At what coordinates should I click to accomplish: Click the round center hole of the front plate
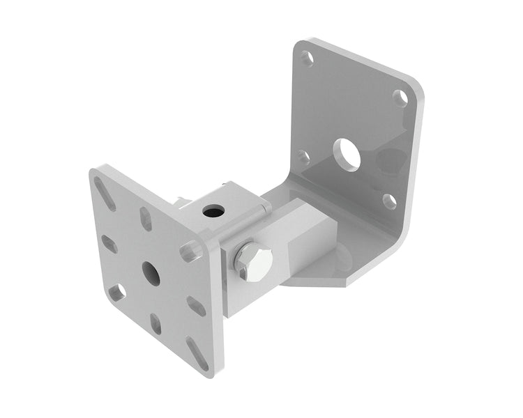[x=151, y=274]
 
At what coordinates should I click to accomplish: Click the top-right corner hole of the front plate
[x=189, y=250]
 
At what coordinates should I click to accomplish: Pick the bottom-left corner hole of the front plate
[x=118, y=291]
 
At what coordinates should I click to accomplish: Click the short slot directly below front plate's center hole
[x=156, y=323]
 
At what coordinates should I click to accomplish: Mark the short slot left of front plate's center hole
[x=109, y=244]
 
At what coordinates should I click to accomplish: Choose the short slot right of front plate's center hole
[x=196, y=305]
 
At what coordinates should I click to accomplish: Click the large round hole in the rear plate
[x=347, y=155]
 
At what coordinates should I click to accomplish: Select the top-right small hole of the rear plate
[x=400, y=98]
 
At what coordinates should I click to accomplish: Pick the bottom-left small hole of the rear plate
[x=303, y=157]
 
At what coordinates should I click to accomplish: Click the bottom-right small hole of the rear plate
[x=390, y=201]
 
